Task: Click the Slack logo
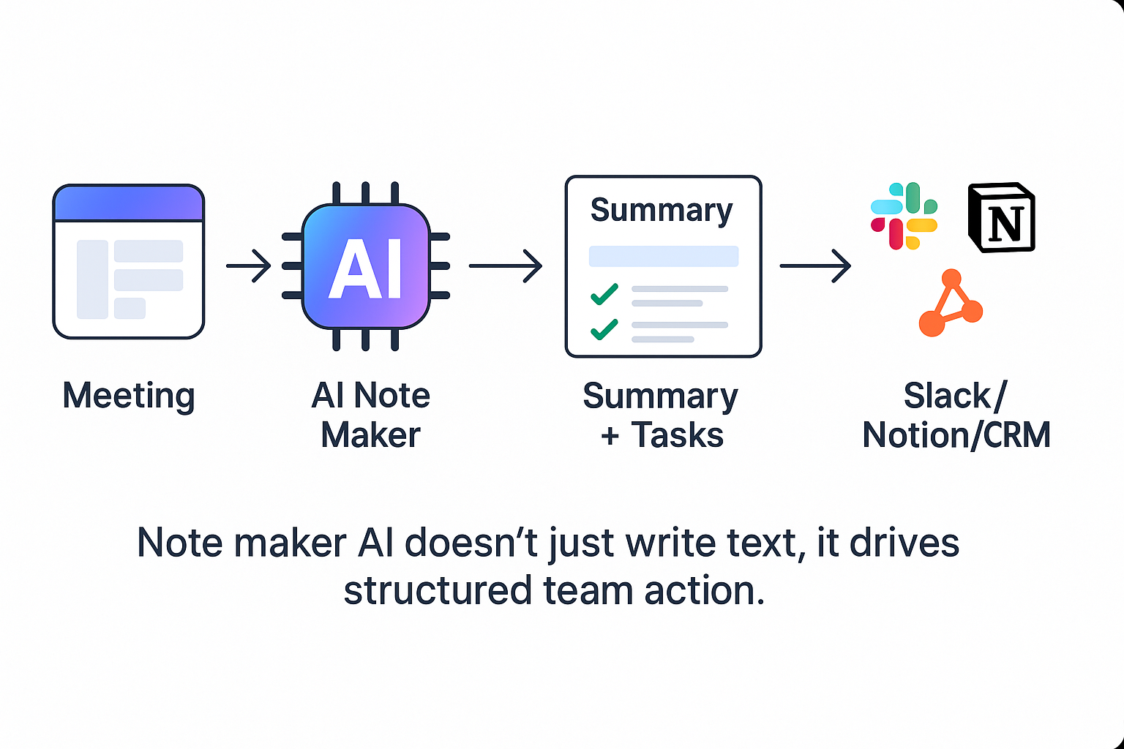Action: point(904,216)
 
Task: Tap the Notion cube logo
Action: point(1002,217)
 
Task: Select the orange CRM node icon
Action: point(951,303)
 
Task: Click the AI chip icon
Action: point(366,266)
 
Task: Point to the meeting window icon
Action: point(129,261)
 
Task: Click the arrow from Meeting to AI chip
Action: point(248,266)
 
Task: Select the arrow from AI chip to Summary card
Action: point(506,266)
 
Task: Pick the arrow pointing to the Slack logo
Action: point(815,266)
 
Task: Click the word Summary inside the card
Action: point(662,210)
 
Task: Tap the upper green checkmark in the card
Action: point(604,294)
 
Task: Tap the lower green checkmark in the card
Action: point(604,329)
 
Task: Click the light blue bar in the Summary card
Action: point(664,256)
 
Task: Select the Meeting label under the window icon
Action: point(129,396)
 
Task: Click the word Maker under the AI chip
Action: point(370,435)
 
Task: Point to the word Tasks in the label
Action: point(677,435)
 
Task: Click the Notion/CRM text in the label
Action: point(956,435)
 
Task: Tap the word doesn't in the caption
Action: point(471,543)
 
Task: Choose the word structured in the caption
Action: point(437,590)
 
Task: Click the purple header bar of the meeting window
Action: point(129,203)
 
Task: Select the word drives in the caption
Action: point(904,543)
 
